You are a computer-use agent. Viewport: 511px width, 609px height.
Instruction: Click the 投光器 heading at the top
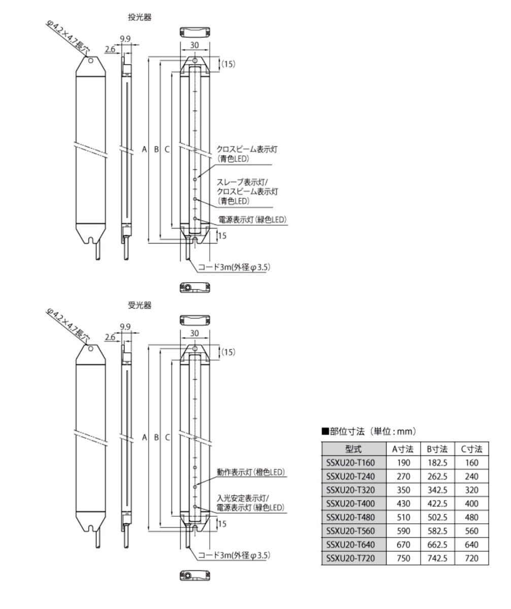140,17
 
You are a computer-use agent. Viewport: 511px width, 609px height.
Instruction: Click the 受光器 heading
140,306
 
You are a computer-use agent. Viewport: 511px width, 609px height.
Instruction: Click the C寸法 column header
471,449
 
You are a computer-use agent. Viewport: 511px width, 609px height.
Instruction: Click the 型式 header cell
354,449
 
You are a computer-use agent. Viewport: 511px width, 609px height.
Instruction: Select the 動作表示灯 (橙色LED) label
251,472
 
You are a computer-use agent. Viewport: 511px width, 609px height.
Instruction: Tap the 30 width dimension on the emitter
195,45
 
